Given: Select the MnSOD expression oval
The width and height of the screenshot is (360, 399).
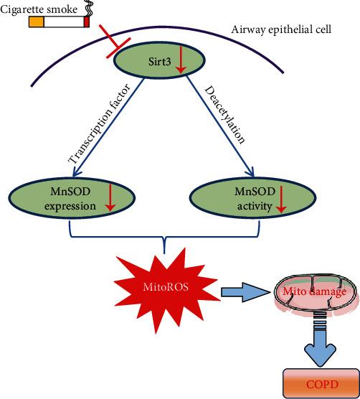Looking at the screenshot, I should pos(64,197).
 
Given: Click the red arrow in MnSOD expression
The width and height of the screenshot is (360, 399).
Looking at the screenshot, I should pos(110,197).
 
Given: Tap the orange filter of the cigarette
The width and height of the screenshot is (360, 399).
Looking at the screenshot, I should pos(36,23).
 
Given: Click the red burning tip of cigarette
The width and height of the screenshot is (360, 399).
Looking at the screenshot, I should pos(87,23).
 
